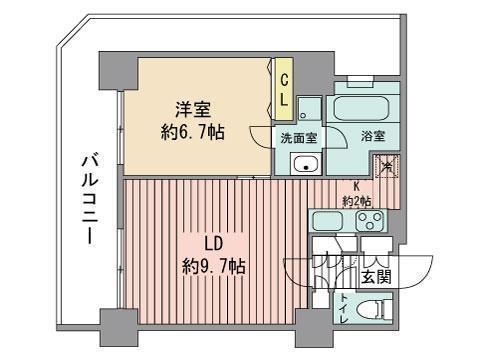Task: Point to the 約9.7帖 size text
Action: tap(214, 267)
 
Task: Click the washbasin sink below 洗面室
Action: tap(308, 165)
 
